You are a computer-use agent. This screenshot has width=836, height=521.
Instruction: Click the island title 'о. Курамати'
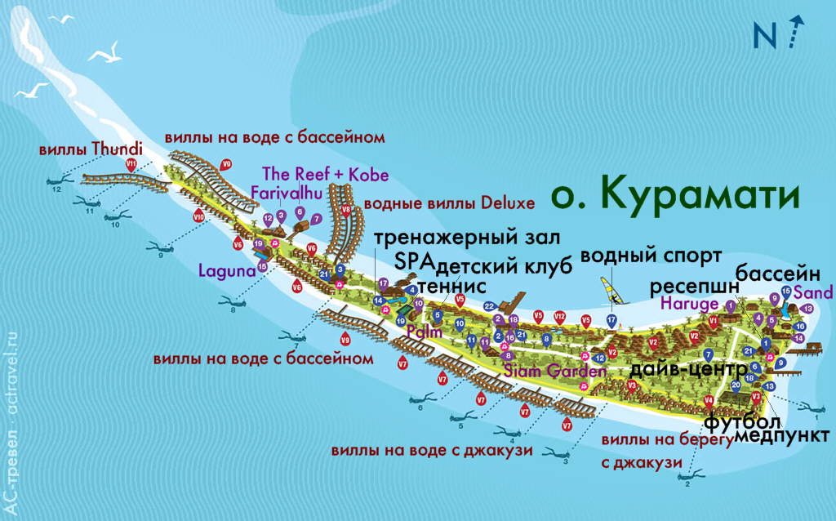tap(674, 195)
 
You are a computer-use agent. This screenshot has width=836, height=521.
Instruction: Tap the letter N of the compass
tap(765, 35)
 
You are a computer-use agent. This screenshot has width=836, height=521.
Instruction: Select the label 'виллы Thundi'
tap(91, 149)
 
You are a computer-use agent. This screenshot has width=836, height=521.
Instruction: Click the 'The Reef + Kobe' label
tap(325, 175)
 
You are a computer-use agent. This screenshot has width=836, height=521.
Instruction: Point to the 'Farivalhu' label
tap(287, 193)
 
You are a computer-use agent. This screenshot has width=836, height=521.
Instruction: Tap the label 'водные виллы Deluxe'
tap(449, 203)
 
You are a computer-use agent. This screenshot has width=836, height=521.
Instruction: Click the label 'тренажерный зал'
tap(466, 238)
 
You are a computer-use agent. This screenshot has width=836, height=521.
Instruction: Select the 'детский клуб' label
tap(484, 266)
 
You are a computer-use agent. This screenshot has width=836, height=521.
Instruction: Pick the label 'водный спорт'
tap(651, 256)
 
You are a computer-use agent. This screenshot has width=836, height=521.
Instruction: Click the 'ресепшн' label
tap(694, 287)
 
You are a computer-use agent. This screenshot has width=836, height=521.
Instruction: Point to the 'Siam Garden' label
tap(554, 370)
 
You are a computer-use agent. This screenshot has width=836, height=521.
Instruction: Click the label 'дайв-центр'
tap(688, 368)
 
